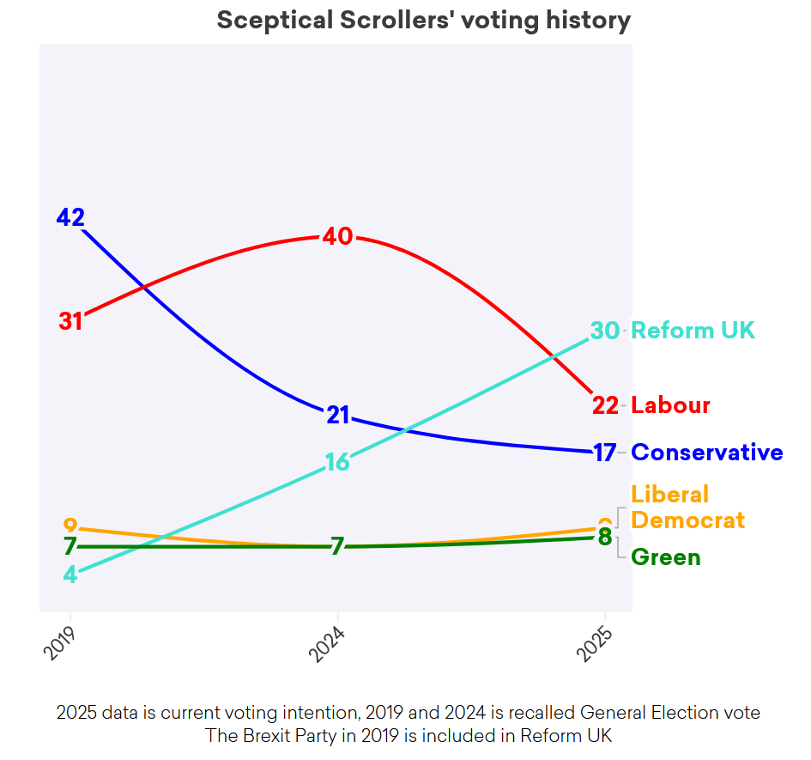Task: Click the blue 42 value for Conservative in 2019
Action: [x=70, y=217]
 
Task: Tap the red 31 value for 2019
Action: [x=70, y=321]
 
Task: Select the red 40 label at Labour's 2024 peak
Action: [x=337, y=236]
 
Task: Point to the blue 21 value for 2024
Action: [x=337, y=416]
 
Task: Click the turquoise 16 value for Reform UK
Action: [x=337, y=463]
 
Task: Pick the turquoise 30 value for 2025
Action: [x=605, y=331]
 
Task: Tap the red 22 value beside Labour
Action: [x=605, y=405]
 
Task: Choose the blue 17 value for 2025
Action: [x=605, y=453]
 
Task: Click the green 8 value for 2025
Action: [x=605, y=538]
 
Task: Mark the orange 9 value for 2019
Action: [x=70, y=526]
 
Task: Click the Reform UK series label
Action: [x=693, y=331]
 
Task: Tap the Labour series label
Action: [x=670, y=405]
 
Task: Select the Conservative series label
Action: [x=706, y=453]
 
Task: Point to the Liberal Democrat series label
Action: [x=687, y=508]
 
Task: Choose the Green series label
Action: [x=665, y=557]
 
